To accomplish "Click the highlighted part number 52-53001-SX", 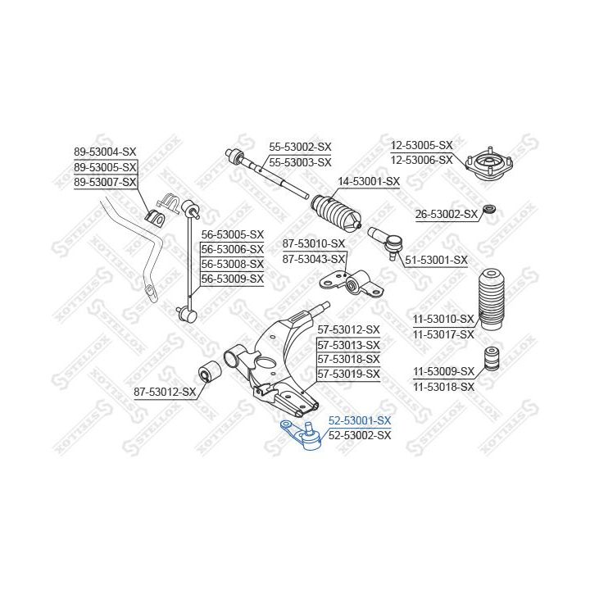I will coord(360,421).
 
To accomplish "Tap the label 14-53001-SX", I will coord(369,181).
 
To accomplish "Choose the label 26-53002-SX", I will coord(446,215).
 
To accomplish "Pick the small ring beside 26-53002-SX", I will coord(489,210).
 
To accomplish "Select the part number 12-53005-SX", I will coord(421,145).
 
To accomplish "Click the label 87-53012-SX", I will coord(165,392).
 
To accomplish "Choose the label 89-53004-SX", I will coord(105,152).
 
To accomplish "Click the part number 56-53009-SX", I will coord(233,279).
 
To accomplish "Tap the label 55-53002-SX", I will coord(300,147).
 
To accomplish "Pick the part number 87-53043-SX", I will coord(314,259).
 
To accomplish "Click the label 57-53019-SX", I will coord(348,374).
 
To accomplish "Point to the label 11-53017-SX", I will coord(443,334).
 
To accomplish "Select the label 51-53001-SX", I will coord(437,260).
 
